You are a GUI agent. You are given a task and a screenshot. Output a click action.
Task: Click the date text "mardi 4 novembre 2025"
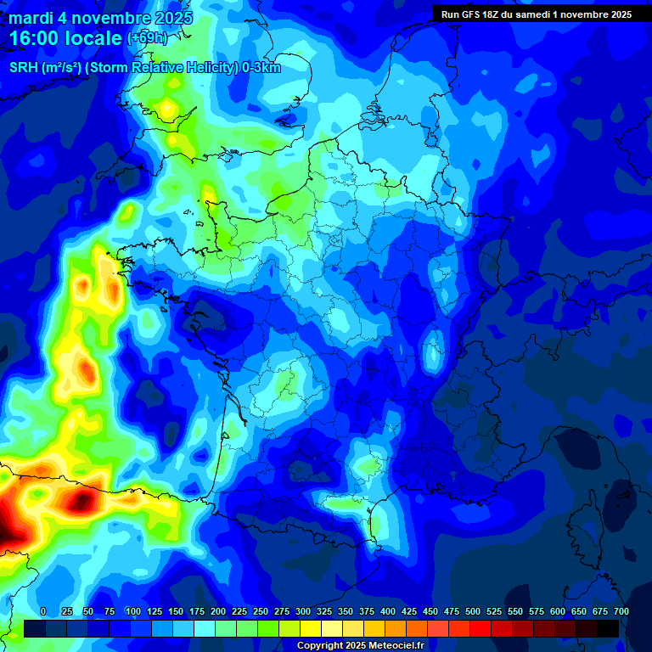[100, 18]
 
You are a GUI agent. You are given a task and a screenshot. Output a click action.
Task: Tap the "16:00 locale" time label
[66, 38]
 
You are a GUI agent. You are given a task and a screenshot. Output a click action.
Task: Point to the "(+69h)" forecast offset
[148, 38]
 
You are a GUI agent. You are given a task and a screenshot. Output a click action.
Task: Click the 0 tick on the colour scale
[43, 611]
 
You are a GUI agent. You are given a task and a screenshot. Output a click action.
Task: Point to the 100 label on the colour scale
[133, 611]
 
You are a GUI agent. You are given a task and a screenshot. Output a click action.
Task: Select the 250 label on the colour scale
[261, 611]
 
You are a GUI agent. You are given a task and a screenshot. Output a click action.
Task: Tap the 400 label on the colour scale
[388, 611]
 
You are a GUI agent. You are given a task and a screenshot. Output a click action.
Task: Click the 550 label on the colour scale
[515, 611]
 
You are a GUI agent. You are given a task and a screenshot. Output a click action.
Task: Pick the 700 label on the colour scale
[621, 611]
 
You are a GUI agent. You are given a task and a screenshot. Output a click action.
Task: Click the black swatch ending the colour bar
[608, 628]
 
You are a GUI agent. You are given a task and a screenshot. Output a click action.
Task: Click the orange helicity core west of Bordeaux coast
[86, 369]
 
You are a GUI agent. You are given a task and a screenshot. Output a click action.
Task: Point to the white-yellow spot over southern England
[168, 108]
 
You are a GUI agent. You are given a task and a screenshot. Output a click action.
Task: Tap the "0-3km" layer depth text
[261, 68]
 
